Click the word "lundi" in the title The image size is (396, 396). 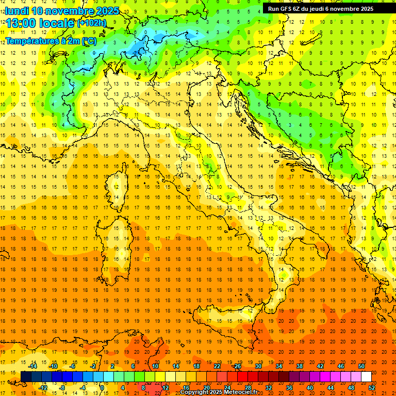pos(17,11)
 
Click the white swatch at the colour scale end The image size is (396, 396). pos(366,376)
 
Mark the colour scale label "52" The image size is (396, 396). pos(372,388)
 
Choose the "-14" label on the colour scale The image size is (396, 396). pos(32,366)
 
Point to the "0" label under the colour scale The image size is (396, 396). pos(102,388)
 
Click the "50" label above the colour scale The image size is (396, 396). pos(361,366)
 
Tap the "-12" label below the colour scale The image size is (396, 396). pos(43,388)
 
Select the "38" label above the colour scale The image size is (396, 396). pos(299,366)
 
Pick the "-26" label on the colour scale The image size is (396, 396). pos(237,366)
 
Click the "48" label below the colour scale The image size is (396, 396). pos(351,388)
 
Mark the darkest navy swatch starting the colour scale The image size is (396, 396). pos(26,376)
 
